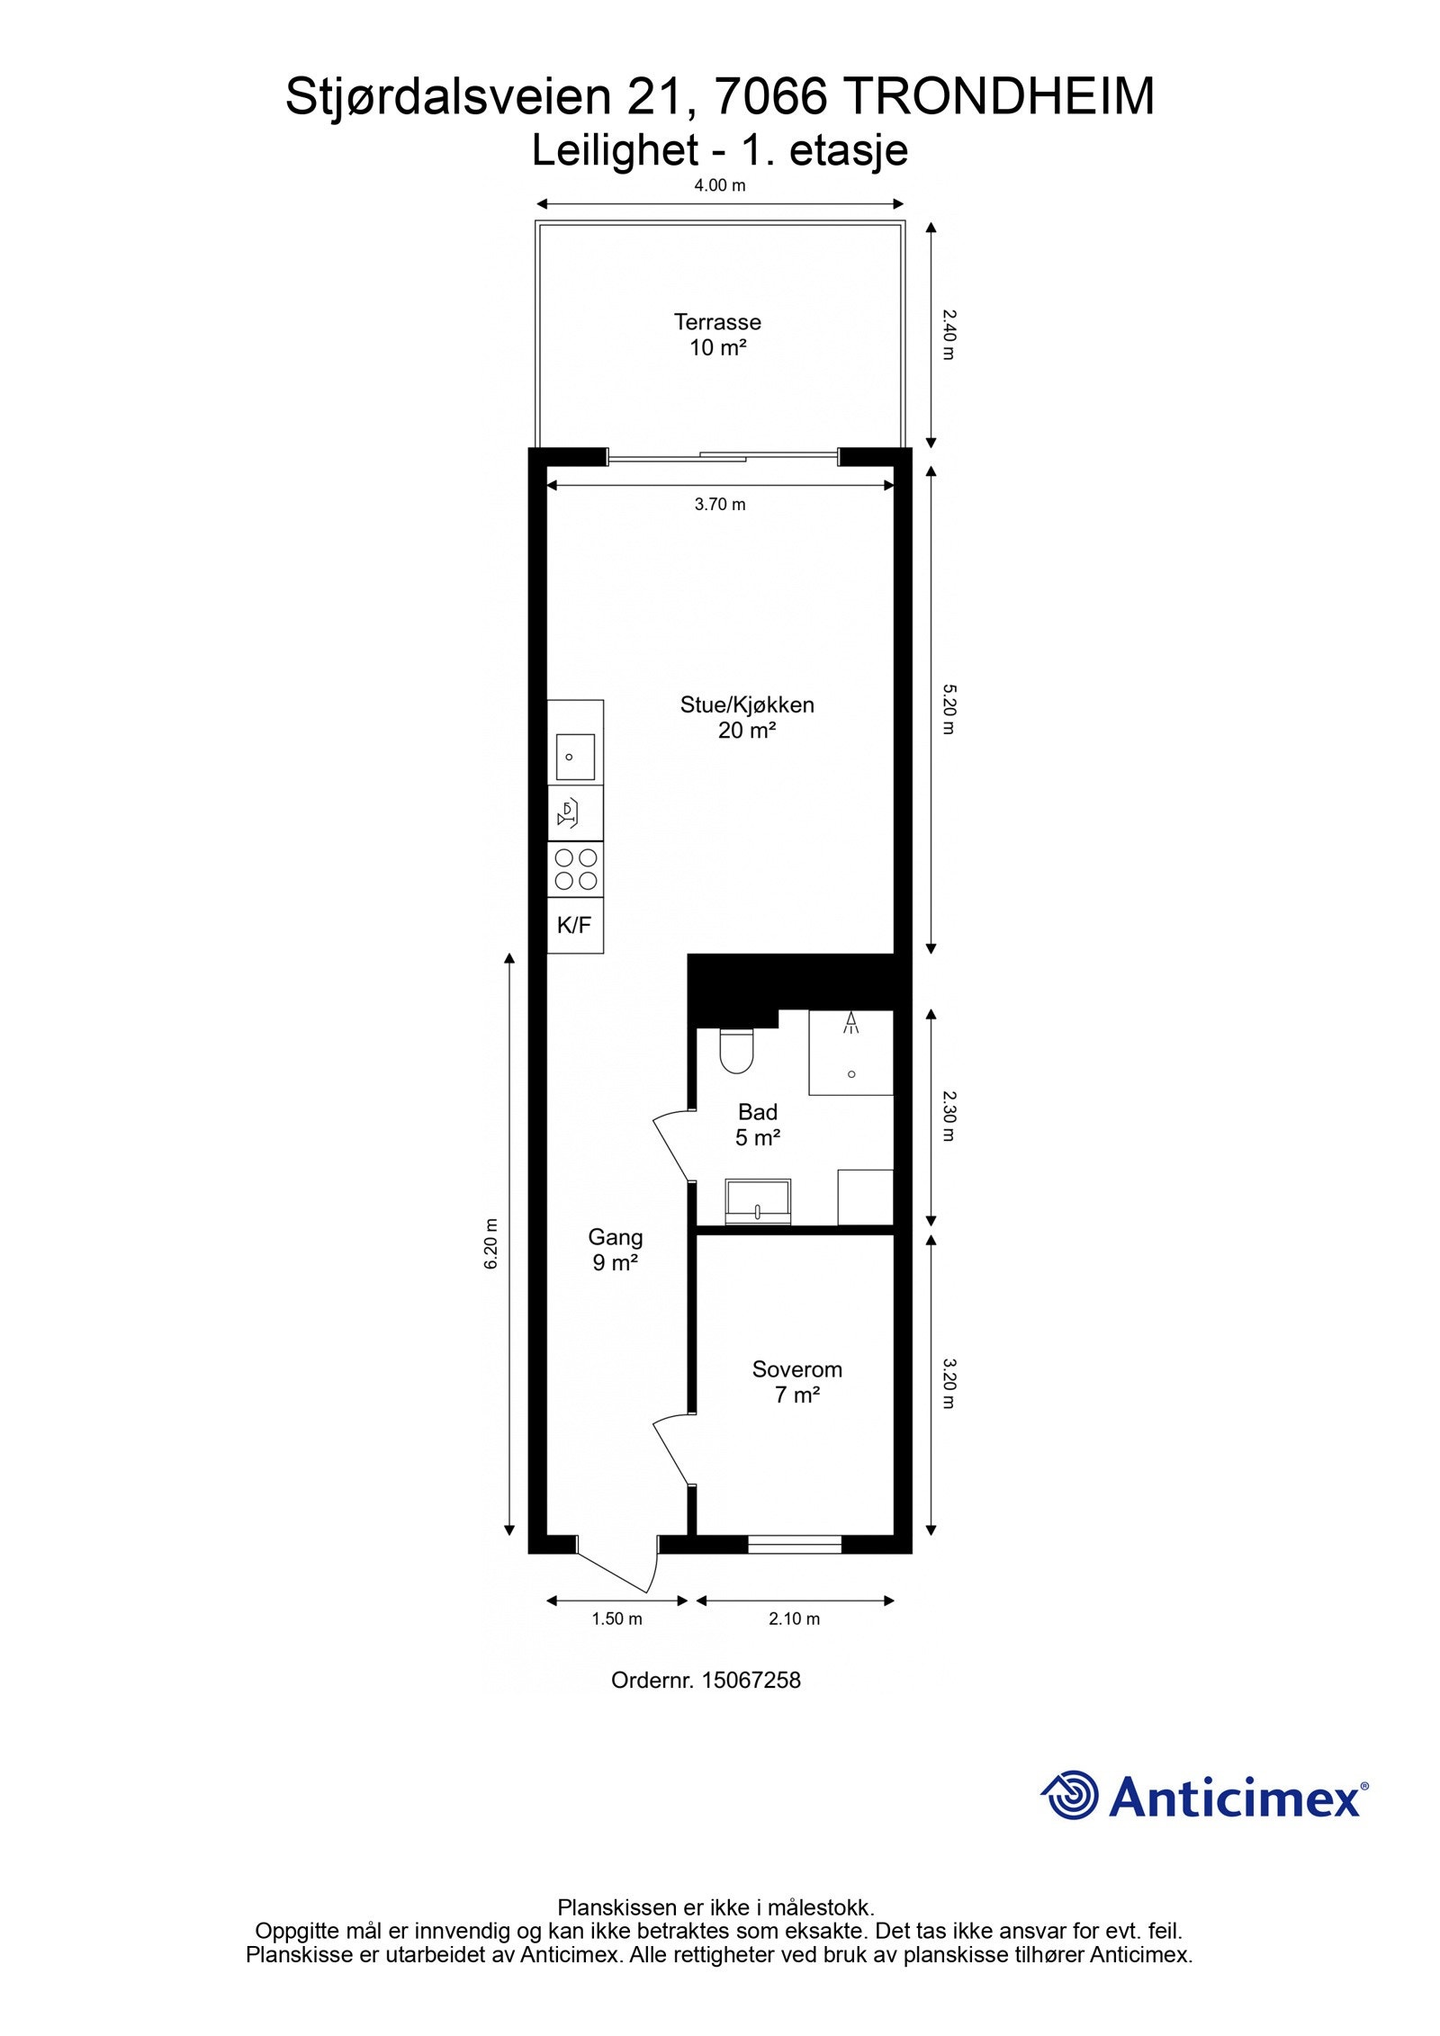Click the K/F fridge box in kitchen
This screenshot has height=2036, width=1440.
pyautogui.click(x=574, y=924)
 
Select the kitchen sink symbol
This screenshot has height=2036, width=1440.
pyautogui.click(x=574, y=757)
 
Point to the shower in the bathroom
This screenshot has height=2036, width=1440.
pyautogui.click(x=850, y=1052)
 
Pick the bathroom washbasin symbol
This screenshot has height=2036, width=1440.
pyautogui.click(x=758, y=1202)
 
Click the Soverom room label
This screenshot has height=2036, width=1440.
pyautogui.click(x=796, y=1369)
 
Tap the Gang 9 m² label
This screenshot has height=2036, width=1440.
pyautogui.click(x=616, y=1249)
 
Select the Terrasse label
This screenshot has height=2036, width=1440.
pyautogui.click(x=717, y=321)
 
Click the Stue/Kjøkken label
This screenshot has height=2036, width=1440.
pyautogui.click(x=746, y=704)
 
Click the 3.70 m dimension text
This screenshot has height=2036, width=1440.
pyautogui.click(x=719, y=505)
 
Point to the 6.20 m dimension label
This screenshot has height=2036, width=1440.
pyautogui.click(x=491, y=1243)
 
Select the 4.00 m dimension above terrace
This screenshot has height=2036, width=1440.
pyautogui.click(x=719, y=186)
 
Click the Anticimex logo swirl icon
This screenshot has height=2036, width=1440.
pyautogui.click(x=1070, y=1794)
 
